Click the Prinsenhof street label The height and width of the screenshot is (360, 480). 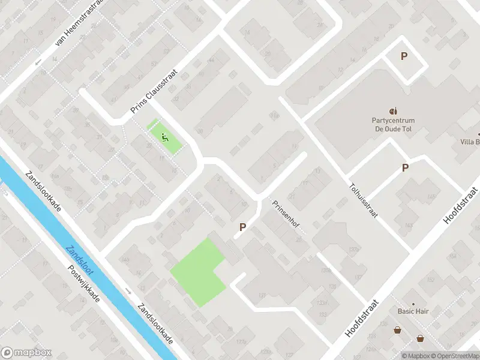click(x=286, y=215)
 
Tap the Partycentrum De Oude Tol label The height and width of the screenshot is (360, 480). click(x=393, y=124)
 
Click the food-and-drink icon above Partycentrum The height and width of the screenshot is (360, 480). click(x=393, y=111)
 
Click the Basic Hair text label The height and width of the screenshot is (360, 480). click(x=413, y=311)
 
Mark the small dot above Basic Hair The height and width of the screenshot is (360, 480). click(x=413, y=304)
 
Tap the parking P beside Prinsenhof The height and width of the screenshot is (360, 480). click(x=243, y=227)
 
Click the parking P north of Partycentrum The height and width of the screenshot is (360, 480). click(x=404, y=56)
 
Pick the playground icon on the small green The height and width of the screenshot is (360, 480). click(x=164, y=136)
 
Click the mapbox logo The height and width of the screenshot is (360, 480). click(x=26, y=353)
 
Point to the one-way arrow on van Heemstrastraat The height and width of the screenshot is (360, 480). click(x=37, y=62)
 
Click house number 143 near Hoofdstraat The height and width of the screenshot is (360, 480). click(x=409, y=226)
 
